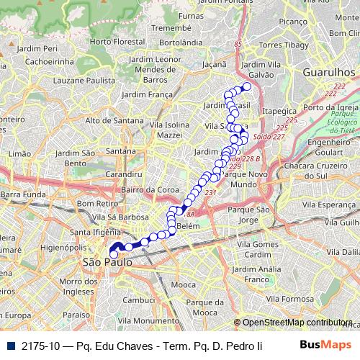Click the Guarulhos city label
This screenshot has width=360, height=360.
330,73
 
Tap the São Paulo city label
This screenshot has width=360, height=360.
108,263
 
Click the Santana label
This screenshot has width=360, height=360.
120,151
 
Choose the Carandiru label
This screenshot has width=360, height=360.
122,174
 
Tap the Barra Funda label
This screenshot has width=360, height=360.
24,194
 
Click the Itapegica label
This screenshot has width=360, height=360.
279,112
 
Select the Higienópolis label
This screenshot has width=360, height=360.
64,247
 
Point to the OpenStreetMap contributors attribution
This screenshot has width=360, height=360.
297,323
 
